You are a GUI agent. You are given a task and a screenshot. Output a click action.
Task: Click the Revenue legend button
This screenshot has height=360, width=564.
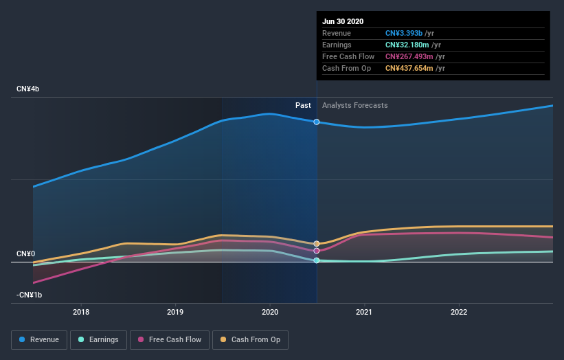click(40, 339)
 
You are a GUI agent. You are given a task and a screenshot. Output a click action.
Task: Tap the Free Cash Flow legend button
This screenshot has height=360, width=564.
click(169, 339)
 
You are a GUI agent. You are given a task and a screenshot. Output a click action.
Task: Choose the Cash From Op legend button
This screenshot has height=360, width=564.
click(250, 339)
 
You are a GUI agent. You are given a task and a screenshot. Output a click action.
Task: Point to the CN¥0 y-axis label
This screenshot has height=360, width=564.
click(25, 254)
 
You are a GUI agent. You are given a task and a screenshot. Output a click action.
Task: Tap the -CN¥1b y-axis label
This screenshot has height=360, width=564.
click(30, 295)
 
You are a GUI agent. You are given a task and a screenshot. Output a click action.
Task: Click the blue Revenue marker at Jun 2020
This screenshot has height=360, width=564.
click(317, 122)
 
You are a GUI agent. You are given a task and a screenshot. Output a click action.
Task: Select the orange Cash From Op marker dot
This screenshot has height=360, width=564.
click(317, 244)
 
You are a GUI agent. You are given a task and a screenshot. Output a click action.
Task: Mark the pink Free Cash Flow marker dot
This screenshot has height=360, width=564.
click(317, 251)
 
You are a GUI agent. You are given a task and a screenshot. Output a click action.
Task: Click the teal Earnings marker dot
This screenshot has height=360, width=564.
click(317, 260)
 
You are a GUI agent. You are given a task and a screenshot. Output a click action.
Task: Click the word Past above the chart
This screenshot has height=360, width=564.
click(303, 105)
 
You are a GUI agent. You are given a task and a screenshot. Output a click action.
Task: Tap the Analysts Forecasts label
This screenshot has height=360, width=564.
click(354, 105)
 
